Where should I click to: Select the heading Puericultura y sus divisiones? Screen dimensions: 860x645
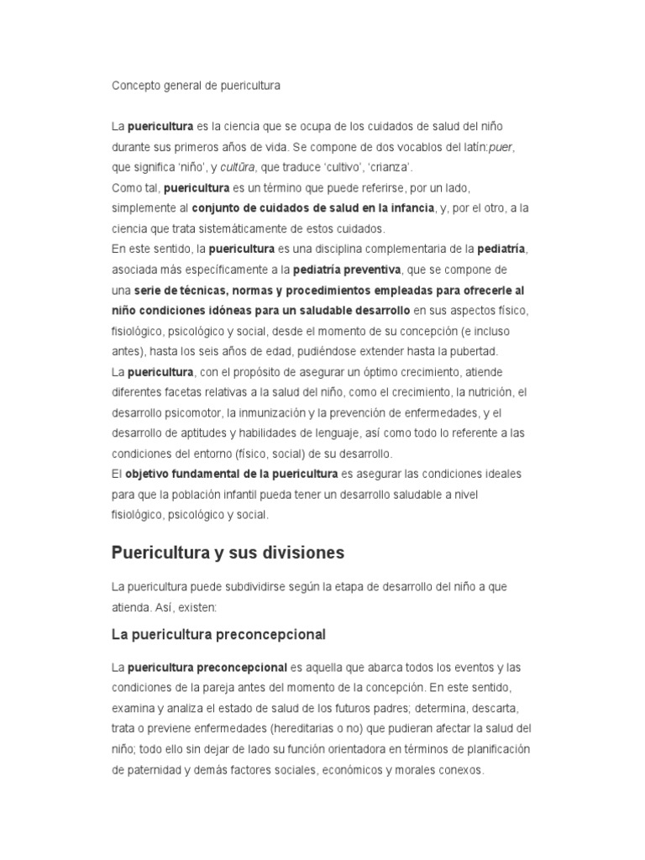[228, 553]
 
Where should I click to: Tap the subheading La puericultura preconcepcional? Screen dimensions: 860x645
[218, 633]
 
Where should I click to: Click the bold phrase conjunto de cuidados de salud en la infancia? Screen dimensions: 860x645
[313, 207]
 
